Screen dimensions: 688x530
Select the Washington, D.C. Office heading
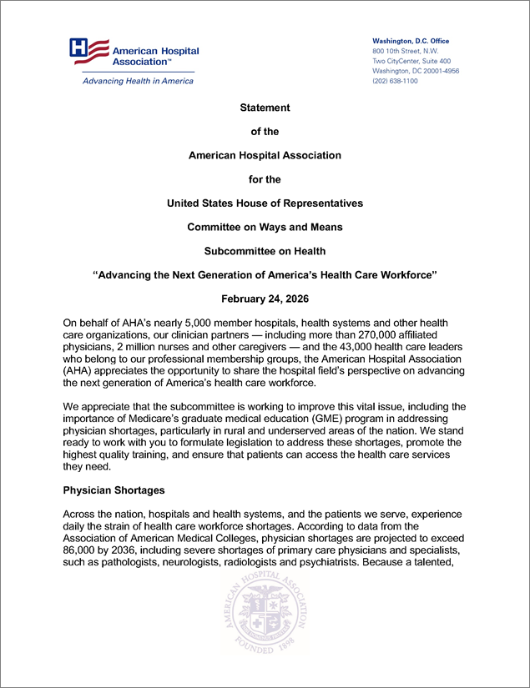[410, 41]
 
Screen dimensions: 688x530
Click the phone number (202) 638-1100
[395, 81]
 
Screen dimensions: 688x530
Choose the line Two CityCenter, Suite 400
[411, 61]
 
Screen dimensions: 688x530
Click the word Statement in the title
[265, 108]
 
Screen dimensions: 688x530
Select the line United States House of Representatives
[265, 203]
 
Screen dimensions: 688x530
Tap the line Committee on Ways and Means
[265, 227]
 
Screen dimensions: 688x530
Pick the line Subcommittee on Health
[265, 250]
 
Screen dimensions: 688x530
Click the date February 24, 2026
[265, 298]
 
